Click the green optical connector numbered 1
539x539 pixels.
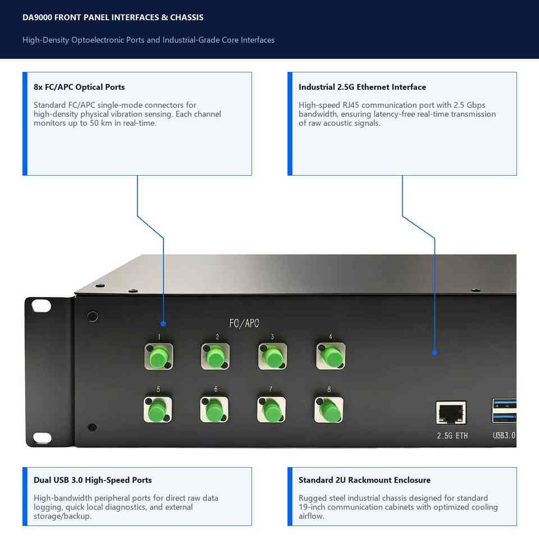pyautogui.click(x=159, y=357)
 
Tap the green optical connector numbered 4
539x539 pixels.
pyautogui.click(x=331, y=356)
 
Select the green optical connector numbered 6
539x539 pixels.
pyautogui.click(x=214, y=410)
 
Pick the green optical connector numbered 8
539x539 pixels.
pyautogui.click(x=328, y=410)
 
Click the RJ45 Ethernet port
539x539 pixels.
pyautogui.click(x=451, y=413)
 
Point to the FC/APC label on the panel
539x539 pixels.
pyautogui.click(x=244, y=323)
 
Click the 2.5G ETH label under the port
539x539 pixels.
pyautogui.click(x=452, y=436)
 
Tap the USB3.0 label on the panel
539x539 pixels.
pyautogui.click(x=504, y=436)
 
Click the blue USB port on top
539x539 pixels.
pyautogui.click(x=504, y=403)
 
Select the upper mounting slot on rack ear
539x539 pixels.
pyautogui.click(x=41, y=305)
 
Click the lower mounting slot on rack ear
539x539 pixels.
pyautogui.click(x=42, y=437)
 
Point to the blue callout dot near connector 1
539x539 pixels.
pyautogui.click(x=163, y=323)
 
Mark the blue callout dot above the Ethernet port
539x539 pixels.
pyautogui.click(x=435, y=353)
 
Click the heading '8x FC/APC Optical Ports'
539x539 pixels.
pyautogui.click(x=79, y=87)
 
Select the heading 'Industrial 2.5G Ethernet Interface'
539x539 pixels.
pyautogui.click(x=362, y=87)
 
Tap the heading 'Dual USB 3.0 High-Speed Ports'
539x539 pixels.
pyautogui.click(x=93, y=480)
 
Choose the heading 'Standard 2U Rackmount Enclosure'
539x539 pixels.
pyautogui.click(x=364, y=480)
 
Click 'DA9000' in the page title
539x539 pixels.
pyautogui.click(x=37, y=17)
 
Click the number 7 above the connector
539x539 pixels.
pyautogui.click(x=271, y=389)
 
